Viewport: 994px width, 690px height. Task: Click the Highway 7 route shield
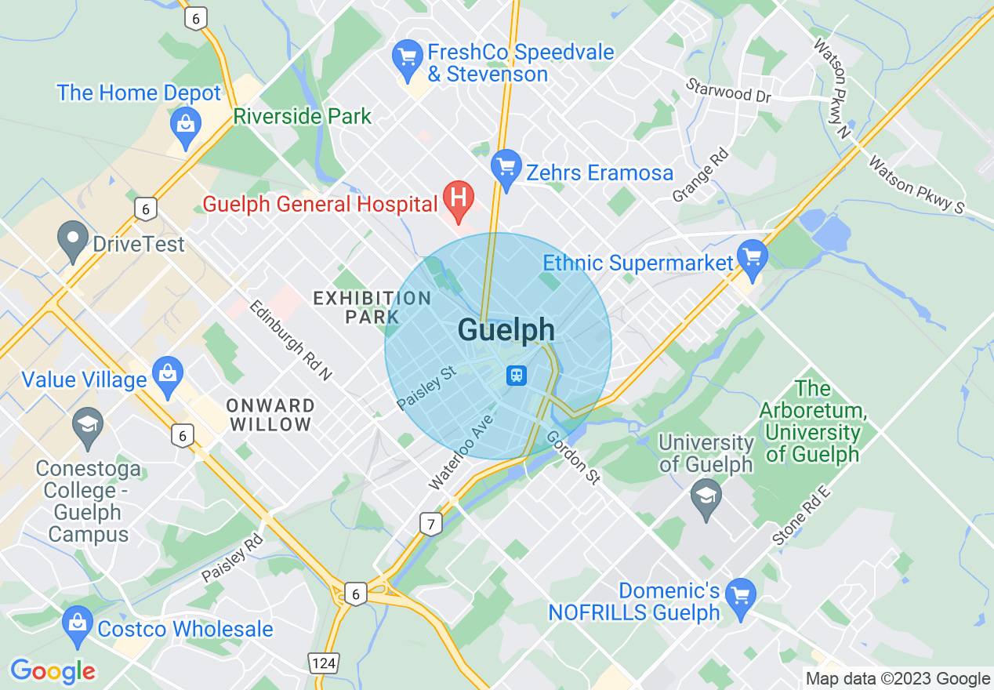point(430,524)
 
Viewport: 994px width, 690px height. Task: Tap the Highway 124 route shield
point(324,663)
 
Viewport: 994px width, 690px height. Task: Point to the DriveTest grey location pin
point(74,240)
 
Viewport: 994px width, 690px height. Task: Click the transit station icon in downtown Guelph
point(517,375)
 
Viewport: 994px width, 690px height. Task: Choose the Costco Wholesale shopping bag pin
point(78,624)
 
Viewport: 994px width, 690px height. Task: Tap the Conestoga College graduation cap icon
point(87,427)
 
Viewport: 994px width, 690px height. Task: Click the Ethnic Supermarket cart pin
point(753,259)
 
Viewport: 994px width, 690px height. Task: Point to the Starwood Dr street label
point(728,91)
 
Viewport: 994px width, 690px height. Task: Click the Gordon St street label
point(573,458)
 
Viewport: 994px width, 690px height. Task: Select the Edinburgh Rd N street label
point(290,341)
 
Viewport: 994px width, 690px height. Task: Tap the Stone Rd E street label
point(801,515)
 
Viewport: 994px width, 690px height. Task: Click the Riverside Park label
point(303,117)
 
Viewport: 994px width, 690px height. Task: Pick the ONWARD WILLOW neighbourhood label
point(270,415)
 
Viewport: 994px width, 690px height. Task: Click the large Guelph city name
point(506,330)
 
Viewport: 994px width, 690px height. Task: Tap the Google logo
point(53,671)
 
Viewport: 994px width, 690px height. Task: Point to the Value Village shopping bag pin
point(167,374)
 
